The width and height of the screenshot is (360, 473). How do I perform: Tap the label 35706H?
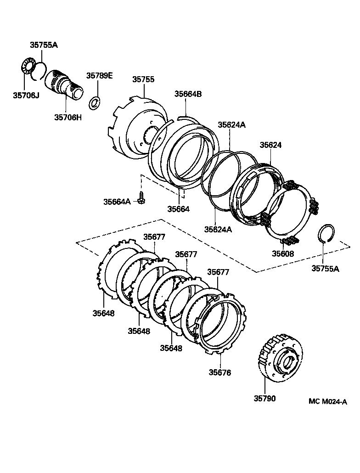(68, 117)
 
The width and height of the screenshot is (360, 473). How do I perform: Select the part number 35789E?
(100, 76)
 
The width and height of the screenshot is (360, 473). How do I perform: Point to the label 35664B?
(188, 94)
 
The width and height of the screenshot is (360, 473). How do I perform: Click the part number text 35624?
(270, 145)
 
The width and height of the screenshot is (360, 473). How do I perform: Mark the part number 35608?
(283, 253)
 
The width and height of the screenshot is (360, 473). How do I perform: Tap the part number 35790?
(264, 398)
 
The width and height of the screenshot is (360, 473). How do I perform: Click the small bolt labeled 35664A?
(142, 198)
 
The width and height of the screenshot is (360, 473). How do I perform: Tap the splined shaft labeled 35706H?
(66, 84)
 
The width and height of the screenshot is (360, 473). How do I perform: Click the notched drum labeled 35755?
(136, 129)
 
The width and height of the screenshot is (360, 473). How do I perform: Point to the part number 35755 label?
(143, 79)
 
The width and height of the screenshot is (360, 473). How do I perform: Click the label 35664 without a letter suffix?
(178, 209)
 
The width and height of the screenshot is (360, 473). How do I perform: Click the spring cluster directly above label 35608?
(290, 241)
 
